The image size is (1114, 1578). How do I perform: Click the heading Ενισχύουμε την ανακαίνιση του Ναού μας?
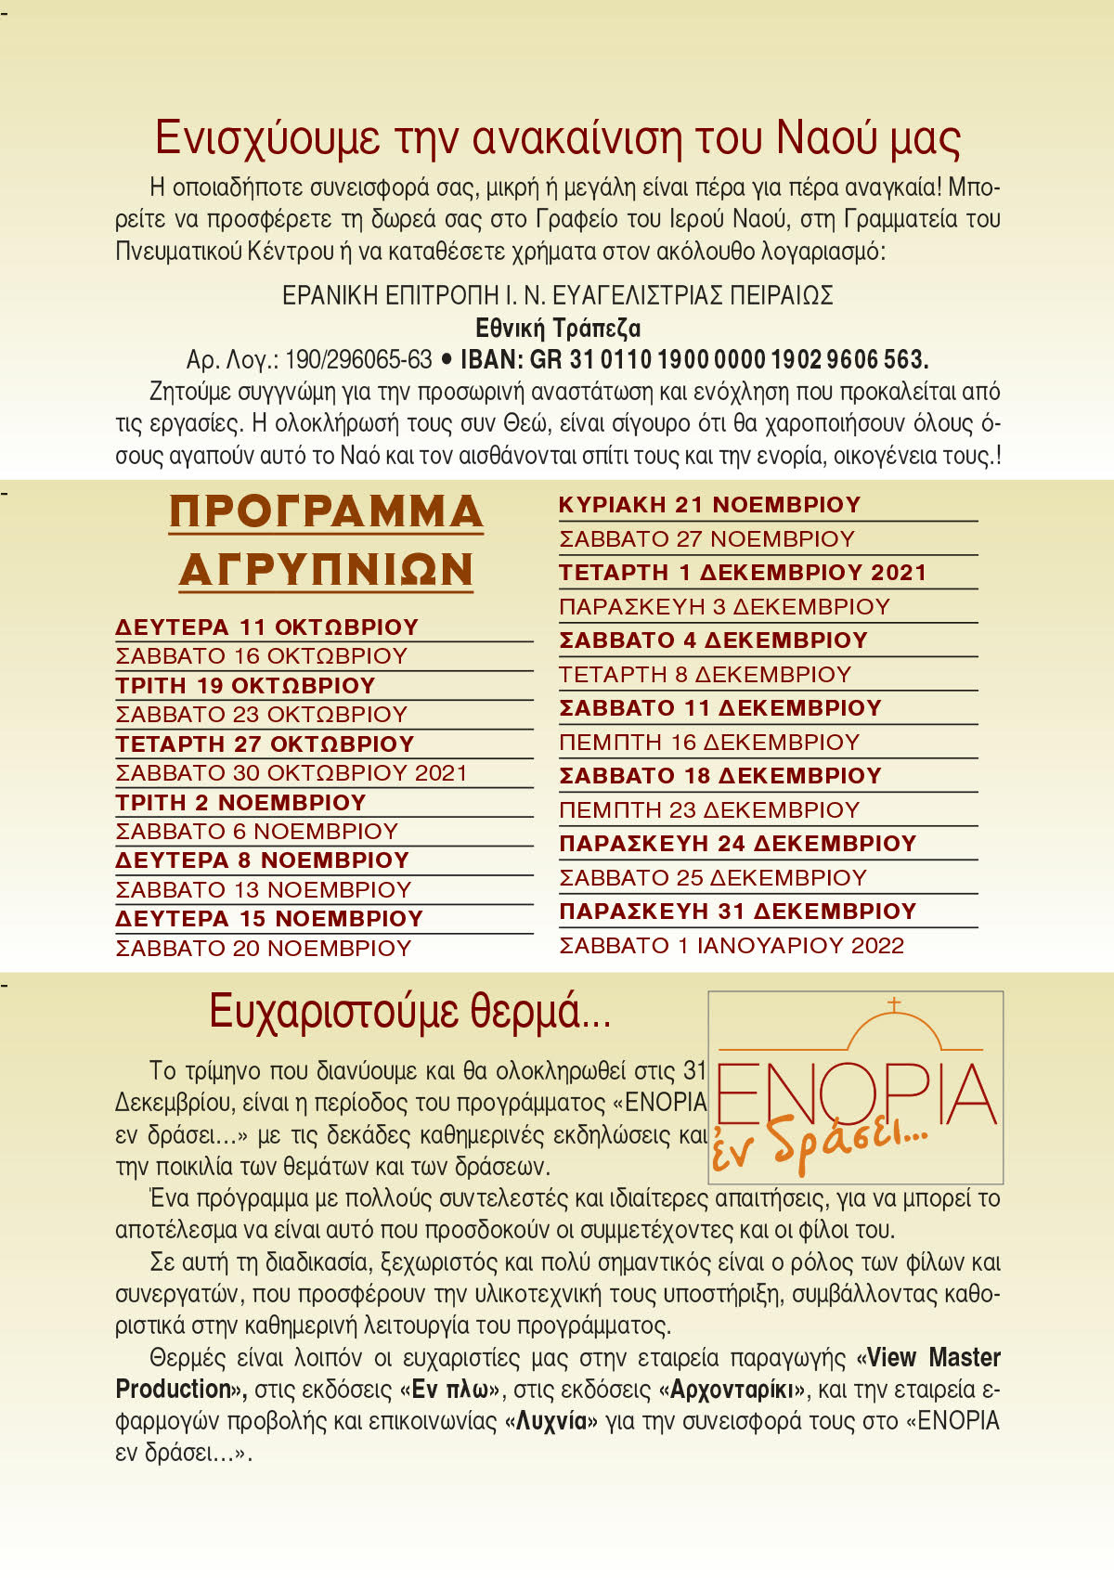[557, 137]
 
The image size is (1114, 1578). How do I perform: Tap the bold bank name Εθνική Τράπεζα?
[557, 328]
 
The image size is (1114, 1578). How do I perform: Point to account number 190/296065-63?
[358, 359]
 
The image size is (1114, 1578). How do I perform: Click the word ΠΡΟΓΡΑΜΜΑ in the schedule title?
[326, 511]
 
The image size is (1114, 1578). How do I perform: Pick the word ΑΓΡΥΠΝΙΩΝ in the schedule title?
[326, 569]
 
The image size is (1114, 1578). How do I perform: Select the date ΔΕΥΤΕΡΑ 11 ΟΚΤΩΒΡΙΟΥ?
[266, 627]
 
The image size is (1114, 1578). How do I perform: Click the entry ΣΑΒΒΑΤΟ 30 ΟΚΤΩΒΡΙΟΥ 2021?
[291, 773]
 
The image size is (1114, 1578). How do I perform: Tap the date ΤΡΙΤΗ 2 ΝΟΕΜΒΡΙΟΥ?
[240, 803]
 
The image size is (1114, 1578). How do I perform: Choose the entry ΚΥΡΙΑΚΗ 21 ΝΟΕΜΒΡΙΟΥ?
[709, 505]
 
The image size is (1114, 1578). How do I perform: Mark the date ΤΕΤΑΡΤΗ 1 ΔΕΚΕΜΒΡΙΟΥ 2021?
[743, 573]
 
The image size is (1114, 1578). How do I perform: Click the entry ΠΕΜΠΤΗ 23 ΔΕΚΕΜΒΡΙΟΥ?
[708, 810]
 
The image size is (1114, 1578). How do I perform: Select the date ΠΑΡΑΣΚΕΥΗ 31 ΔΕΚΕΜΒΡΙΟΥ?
[737, 912]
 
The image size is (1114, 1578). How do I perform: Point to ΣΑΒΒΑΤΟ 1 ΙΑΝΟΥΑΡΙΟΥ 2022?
[731, 946]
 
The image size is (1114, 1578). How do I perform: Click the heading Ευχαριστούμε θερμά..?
[409, 1011]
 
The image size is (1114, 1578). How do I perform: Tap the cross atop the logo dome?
[894, 1004]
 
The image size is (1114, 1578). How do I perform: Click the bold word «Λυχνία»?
[551, 1421]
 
